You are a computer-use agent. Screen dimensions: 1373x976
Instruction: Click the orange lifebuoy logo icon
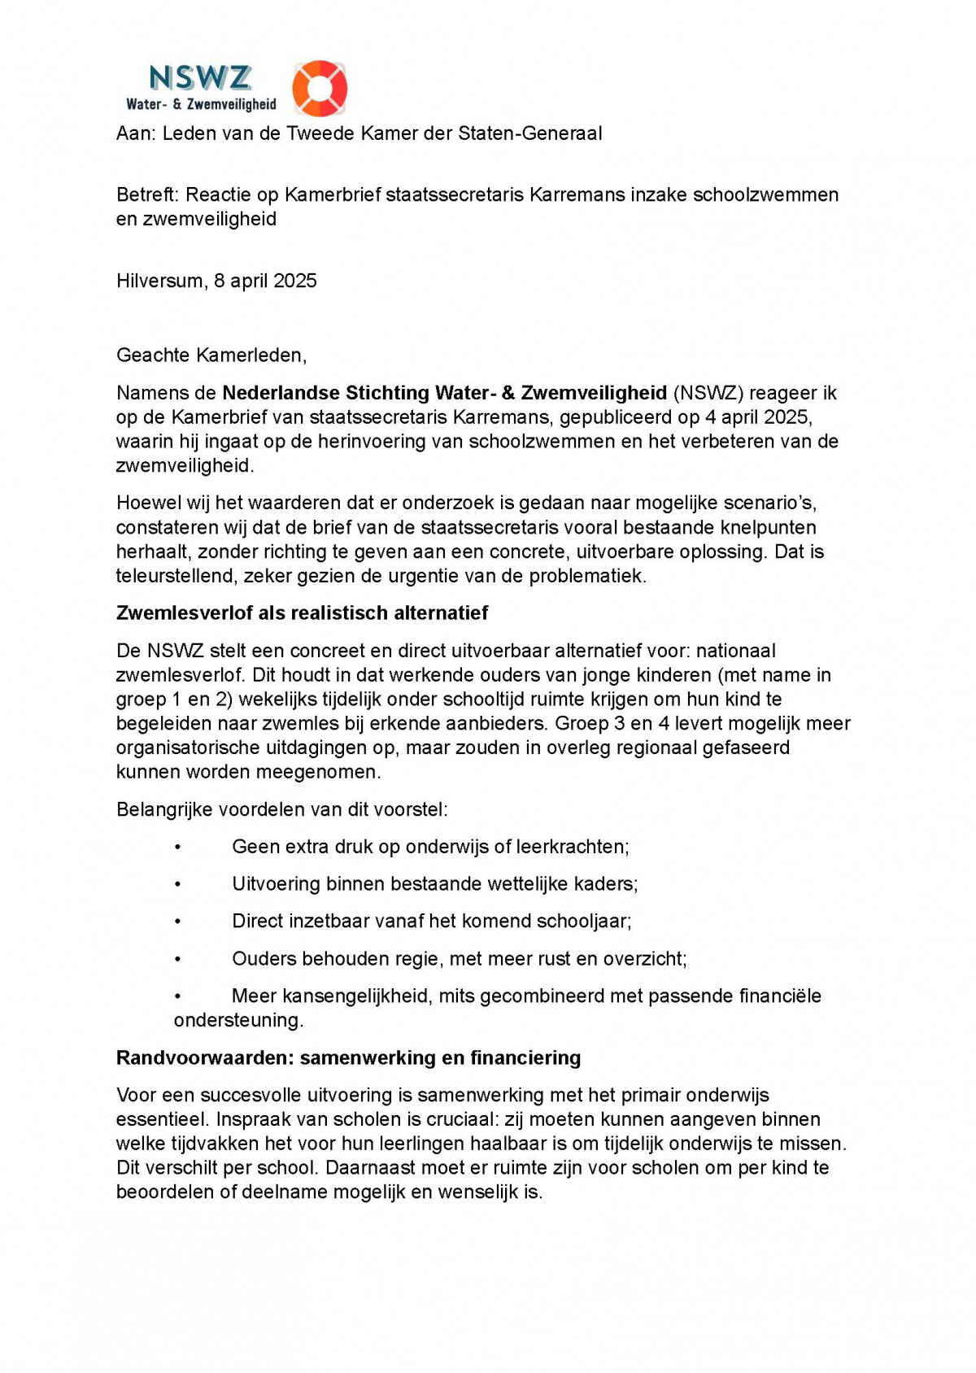(x=320, y=88)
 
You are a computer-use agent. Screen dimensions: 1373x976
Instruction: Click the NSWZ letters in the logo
(x=200, y=78)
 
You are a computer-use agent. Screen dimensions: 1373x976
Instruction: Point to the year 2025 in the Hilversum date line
(x=295, y=281)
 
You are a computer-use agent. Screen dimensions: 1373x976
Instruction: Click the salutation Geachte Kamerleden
(x=211, y=355)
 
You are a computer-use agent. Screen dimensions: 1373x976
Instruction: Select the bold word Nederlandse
(x=281, y=394)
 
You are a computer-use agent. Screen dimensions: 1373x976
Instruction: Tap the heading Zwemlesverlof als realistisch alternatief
(x=302, y=613)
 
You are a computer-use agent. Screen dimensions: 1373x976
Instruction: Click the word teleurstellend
(x=174, y=577)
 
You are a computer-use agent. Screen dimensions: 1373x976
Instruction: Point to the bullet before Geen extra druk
(x=177, y=848)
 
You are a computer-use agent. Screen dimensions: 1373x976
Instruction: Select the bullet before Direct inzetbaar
(x=177, y=922)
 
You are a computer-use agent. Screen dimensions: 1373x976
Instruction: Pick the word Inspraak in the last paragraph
(x=247, y=1120)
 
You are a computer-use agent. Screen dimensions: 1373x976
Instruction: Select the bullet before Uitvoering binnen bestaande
(x=177, y=885)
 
